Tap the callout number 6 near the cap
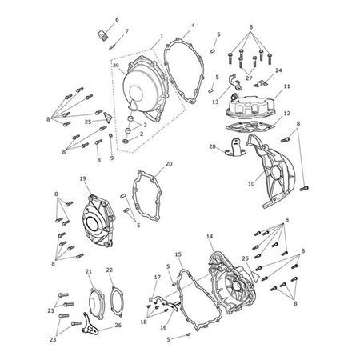pyautogui.click(x=117, y=19)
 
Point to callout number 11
pyautogui.click(x=286, y=86)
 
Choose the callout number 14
pyautogui.click(x=210, y=237)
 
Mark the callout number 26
pyautogui.click(x=118, y=326)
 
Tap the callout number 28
pyautogui.click(x=212, y=147)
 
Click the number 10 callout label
pyautogui.click(x=250, y=184)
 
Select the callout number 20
pyautogui.click(x=168, y=164)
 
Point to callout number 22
pyautogui.click(x=110, y=271)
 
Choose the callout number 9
pyautogui.click(x=111, y=158)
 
